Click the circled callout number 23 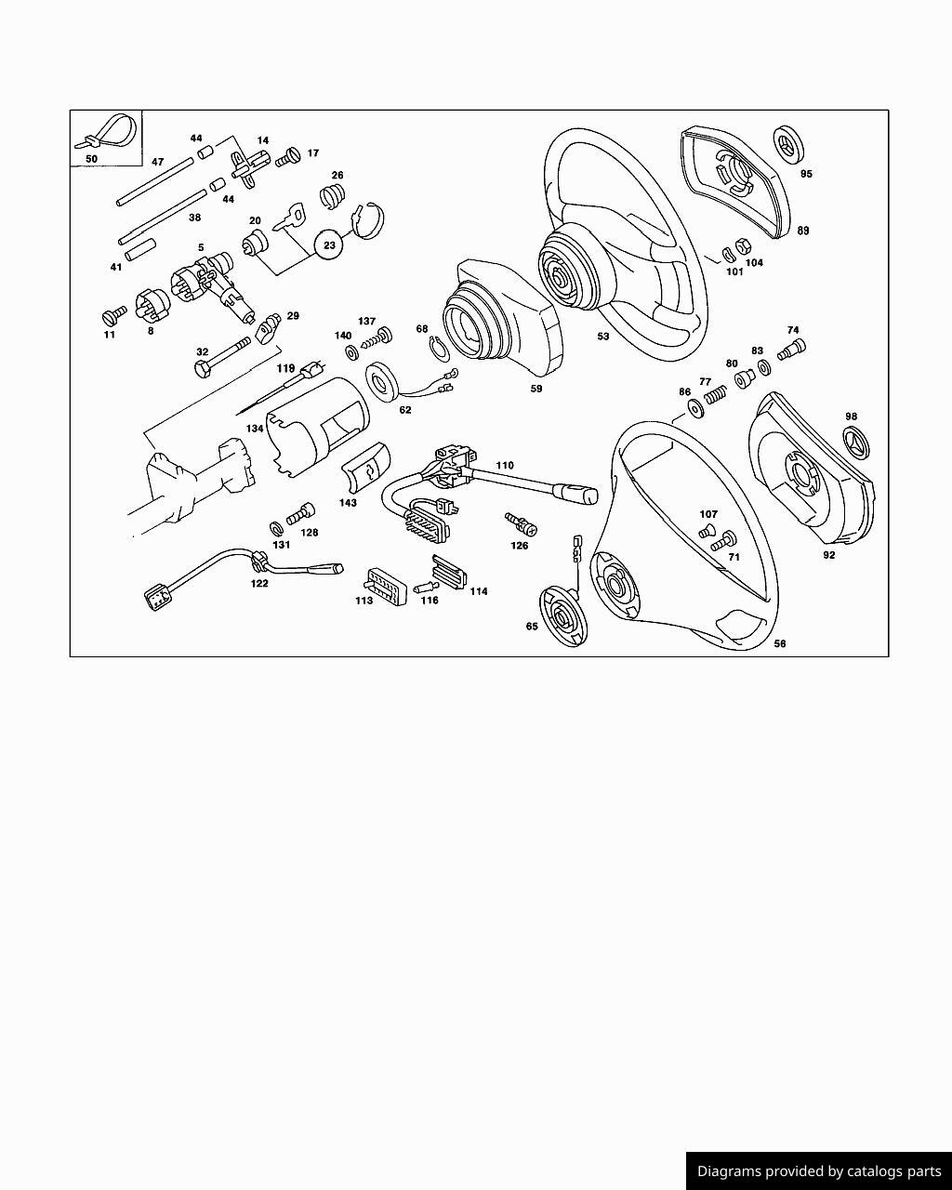pos(329,245)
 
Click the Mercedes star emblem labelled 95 pos(787,145)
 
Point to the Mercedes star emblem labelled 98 pos(857,443)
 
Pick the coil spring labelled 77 pos(715,395)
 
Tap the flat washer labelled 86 pos(696,409)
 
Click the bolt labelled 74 pos(791,350)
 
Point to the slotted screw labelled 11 pos(114,315)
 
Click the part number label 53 pos(603,336)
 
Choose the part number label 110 pos(505,465)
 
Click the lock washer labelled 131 pos(276,529)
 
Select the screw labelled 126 pos(521,523)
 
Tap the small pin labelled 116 pos(426,586)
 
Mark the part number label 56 pos(779,643)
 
